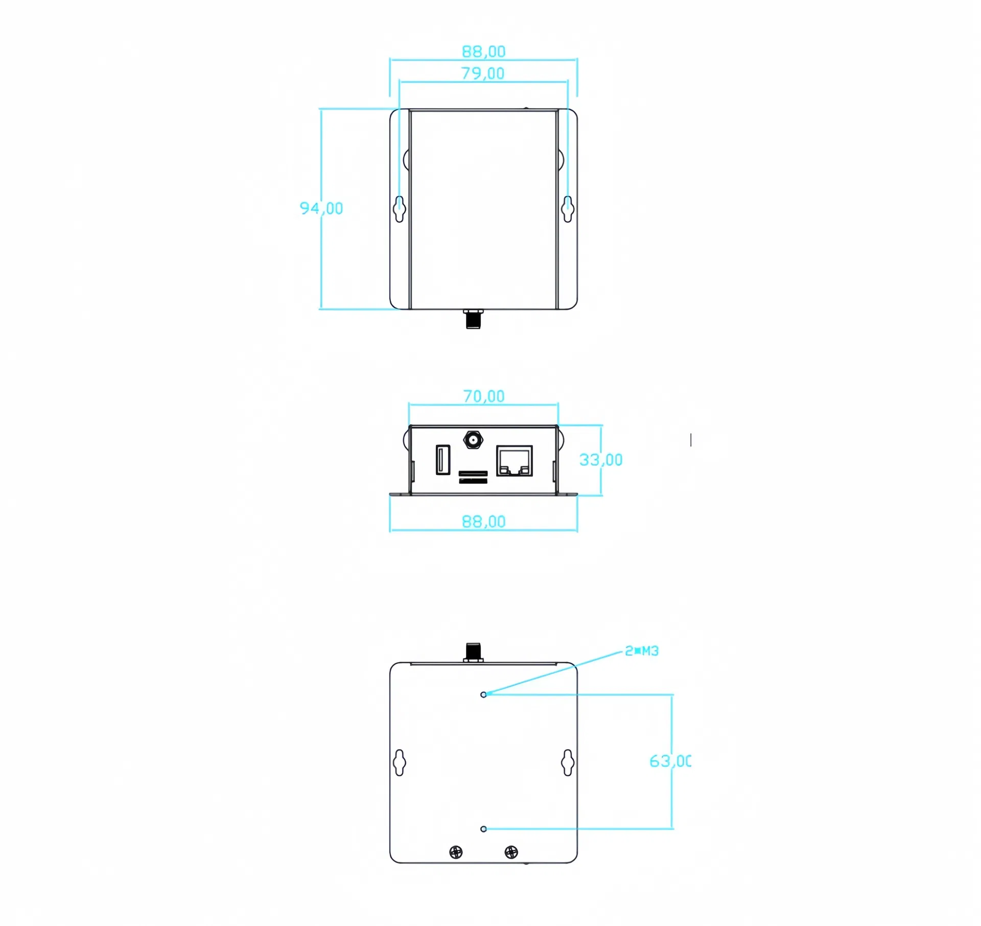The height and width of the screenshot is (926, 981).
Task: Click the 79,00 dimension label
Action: pyautogui.click(x=483, y=74)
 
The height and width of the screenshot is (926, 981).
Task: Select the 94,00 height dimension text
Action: pyautogui.click(x=321, y=208)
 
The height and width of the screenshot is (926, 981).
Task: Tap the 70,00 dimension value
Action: pyautogui.click(x=483, y=396)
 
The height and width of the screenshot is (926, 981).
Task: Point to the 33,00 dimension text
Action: pyautogui.click(x=601, y=460)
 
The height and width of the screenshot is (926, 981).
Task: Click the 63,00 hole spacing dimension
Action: pyautogui.click(x=670, y=761)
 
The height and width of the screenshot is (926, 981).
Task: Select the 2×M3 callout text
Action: pyautogui.click(x=642, y=651)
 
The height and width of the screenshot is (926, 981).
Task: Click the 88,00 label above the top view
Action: pyautogui.click(x=483, y=51)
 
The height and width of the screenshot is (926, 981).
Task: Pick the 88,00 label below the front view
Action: pyautogui.click(x=483, y=522)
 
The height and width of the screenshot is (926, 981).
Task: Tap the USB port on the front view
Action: pyautogui.click(x=442, y=460)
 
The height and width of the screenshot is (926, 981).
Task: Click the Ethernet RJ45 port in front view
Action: pyautogui.click(x=514, y=461)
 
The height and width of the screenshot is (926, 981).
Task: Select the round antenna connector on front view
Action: pyautogui.click(x=473, y=440)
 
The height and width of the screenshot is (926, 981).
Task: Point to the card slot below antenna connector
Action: pyautogui.click(x=473, y=477)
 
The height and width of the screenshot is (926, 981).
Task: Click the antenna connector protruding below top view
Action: pyautogui.click(x=473, y=319)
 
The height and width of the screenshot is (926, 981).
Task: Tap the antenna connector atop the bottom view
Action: pyautogui.click(x=473, y=652)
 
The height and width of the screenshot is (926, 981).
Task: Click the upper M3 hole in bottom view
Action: pyautogui.click(x=483, y=694)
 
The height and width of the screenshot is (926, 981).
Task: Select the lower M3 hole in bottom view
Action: pyautogui.click(x=483, y=829)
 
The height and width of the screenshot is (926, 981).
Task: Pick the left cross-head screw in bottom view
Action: pyautogui.click(x=456, y=852)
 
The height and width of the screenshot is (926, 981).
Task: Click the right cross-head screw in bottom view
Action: pyautogui.click(x=511, y=852)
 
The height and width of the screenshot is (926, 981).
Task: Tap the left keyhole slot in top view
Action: pyautogui.click(x=400, y=209)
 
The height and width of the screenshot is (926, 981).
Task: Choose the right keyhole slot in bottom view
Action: pyautogui.click(x=568, y=762)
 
